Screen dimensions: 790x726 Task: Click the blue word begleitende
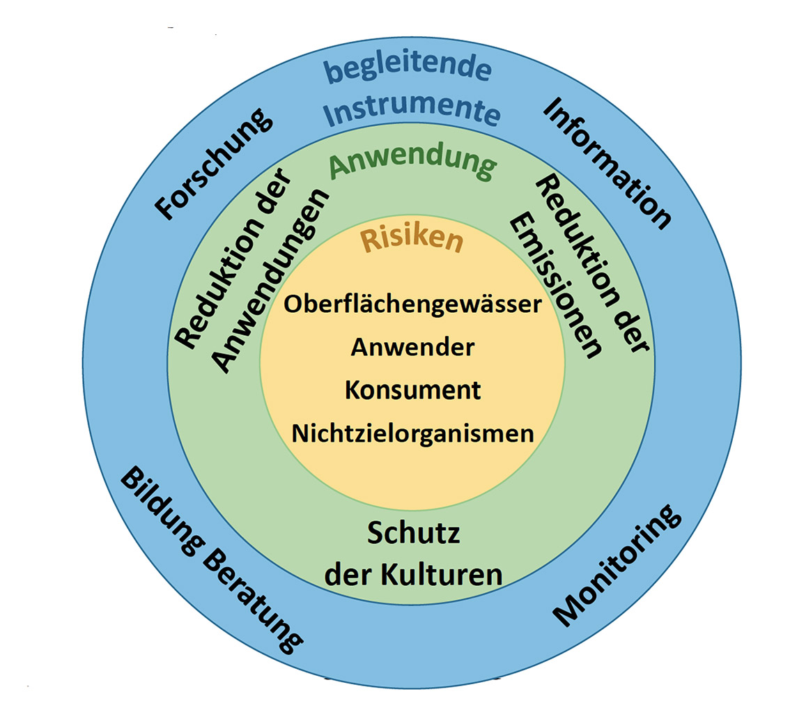408,70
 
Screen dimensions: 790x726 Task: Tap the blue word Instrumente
412,111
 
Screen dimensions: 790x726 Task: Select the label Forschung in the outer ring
213,164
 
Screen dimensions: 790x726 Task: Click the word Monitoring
617,565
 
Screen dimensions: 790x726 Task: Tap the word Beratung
252,601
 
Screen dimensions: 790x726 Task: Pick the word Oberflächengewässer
412,305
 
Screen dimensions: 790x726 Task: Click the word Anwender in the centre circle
412,347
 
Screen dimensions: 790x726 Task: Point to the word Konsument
412,390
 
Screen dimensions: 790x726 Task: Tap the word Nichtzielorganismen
412,434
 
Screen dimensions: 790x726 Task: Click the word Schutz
413,533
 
